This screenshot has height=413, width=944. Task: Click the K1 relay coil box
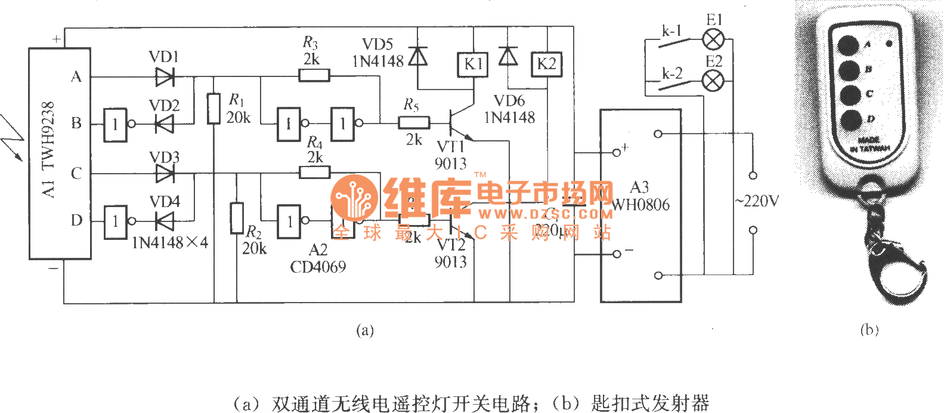pyautogui.click(x=473, y=64)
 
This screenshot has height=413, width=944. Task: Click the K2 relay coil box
pyautogui.click(x=546, y=64)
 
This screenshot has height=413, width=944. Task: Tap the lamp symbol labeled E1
pyautogui.click(x=713, y=40)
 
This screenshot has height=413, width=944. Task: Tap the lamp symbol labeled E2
pyautogui.click(x=713, y=81)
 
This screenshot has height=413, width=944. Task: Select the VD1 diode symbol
pyautogui.click(x=165, y=77)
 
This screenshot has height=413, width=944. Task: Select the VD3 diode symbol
pyautogui.click(x=165, y=174)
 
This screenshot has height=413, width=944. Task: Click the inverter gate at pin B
pyautogui.click(x=116, y=125)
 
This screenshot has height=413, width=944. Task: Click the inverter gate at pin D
pyautogui.click(x=116, y=222)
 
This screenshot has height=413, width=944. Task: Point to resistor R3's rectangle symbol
pyautogui.click(x=314, y=75)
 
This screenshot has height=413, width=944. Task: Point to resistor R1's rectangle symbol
pyautogui.click(x=213, y=109)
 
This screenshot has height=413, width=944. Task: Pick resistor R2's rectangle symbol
pyautogui.click(x=237, y=218)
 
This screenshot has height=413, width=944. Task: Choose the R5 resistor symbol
pyautogui.click(x=413, y=123)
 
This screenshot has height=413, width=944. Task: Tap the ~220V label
pyautogui.click(x=757, y=202)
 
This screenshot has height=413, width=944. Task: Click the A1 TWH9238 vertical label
pyautogui.click(x=49, y=149)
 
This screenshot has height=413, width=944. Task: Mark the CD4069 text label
pyautogui.click(x=318, y=267)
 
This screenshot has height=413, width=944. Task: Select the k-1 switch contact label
pyautogui.click(x=671, y=31)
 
